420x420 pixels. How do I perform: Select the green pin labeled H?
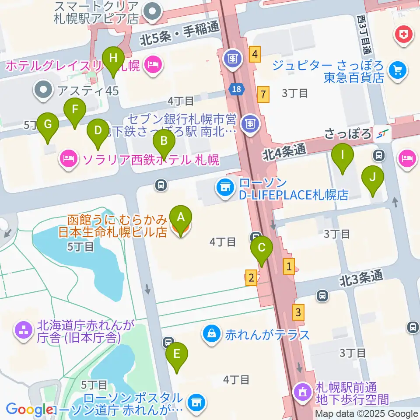pos(113,58)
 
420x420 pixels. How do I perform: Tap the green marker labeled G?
pos(48,125)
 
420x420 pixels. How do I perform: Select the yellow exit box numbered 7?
pos(262,94)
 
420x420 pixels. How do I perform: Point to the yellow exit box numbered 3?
pos(298,312)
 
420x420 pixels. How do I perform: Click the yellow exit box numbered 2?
pos(251,277)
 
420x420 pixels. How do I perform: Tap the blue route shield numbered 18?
pos(236,89)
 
